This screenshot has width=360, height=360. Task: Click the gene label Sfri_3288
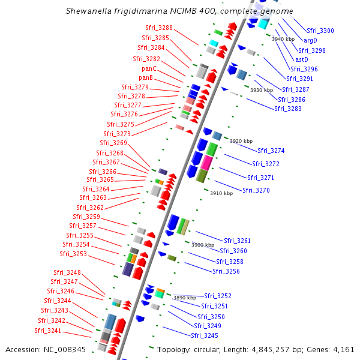(x=159, y=28)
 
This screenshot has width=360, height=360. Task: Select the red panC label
(x=149, y=68)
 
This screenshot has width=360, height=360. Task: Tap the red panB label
(x=146, y=77)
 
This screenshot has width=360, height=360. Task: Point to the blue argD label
(x=310, y=40)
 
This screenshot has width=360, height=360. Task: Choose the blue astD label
(x=302, y=59)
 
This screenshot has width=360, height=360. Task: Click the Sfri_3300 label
(x=320, y=31)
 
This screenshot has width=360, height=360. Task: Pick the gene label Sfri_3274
(x=271, y=151)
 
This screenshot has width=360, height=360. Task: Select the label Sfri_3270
(x=256, y=190)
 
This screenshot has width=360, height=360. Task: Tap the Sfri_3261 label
(x=237, y=241)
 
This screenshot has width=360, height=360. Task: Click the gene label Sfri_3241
(x=48, y=331)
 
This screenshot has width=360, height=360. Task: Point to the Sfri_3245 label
(x=205, y=335)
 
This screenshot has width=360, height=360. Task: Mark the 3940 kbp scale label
(x=283, y=39)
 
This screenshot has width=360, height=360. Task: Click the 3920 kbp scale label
(x=241, y=141)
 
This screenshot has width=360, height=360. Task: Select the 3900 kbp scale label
(x=202, y=245)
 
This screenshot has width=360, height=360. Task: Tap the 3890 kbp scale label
(x=184, y=298)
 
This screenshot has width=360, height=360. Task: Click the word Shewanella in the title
(x=88, y=11)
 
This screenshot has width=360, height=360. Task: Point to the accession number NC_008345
(x=64, y=349)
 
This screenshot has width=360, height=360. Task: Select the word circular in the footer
(x=204, y=349)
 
